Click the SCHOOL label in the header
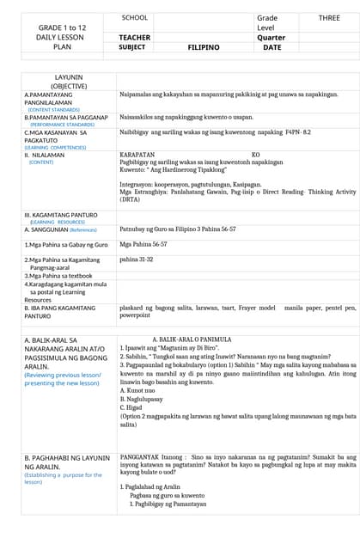134,18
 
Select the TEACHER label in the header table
135,38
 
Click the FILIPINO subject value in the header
204,48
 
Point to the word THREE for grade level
329,18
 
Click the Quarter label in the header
271,38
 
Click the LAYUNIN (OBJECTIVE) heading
68,82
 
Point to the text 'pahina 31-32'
137,259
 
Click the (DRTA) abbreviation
131,199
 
